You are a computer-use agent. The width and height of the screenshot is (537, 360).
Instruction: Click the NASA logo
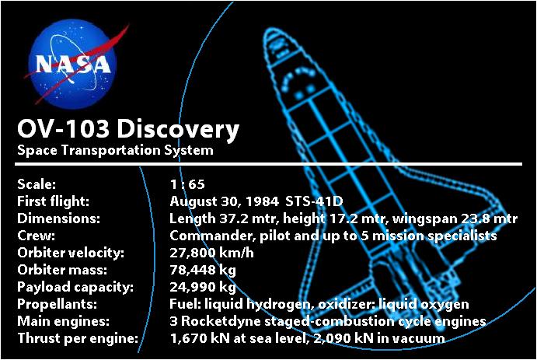click(71, 61)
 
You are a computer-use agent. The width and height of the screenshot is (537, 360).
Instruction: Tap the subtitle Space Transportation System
click(114, 150)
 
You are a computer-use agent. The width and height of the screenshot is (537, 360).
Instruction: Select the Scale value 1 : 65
click(187, 185)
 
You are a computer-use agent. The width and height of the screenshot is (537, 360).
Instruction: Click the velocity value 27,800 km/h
click(211, 253)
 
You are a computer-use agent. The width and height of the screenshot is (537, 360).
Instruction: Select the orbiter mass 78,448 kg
click(203, 270)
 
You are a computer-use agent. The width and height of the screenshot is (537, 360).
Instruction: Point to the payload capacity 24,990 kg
click(203, 287)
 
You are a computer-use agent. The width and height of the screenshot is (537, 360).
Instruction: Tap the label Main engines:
click(58, 321)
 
